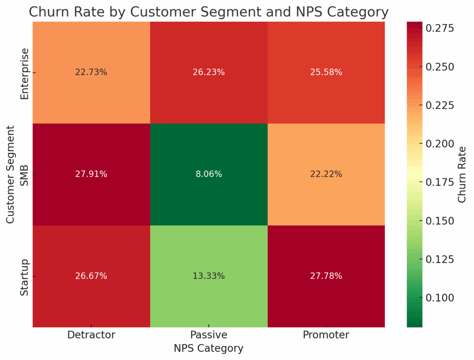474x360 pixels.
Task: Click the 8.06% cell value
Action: [x=209, y=174]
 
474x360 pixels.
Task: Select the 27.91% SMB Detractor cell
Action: [x=91, y=174]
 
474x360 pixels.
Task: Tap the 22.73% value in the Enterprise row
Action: [x=91, y=72]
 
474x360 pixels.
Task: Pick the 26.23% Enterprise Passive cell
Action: [x=209, y=72]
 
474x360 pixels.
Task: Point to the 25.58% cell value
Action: [x=326, y=72]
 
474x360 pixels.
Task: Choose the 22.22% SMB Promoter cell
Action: [x=326, y=174]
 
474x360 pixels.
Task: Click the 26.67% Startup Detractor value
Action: [x=91, y=276]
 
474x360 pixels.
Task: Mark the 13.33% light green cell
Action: [x=209, y=276]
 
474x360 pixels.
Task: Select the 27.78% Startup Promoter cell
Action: [x=326, y=276]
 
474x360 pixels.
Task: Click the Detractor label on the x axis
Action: [x=91, y=335]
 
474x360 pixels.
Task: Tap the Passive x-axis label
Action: [x=209, y=335]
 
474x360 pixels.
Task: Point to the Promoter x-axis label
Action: [x=326, y=335]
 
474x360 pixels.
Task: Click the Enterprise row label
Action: [x=25, y=73]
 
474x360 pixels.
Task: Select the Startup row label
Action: [x=25, y=276]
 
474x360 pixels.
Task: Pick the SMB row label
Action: [x=25, y=174]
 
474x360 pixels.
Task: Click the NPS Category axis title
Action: [x=209, y=348]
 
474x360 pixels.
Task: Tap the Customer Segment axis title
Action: [x=11, y=174]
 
